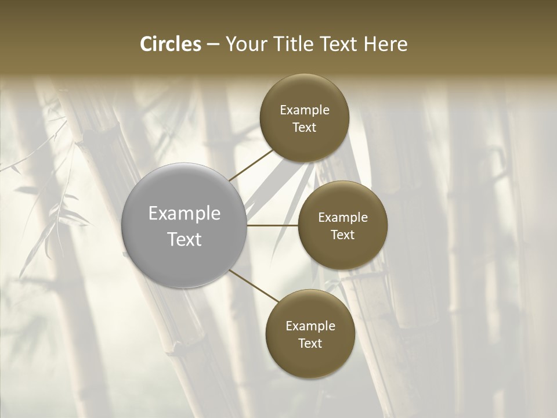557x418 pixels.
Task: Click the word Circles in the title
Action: [x=170, y=44]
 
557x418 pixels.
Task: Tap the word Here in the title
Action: [x=386, y=44]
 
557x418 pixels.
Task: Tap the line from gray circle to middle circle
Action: [x=273, y=225]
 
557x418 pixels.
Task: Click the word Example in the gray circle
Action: [x=185, y=214]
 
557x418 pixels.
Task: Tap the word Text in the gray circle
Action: [x=185, y=239]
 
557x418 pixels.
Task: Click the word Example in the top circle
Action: [x=305, y=110]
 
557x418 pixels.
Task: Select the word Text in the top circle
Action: [x=305, y=128]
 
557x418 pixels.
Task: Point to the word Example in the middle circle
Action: [x=343, y=218]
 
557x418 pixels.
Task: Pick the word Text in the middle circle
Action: [x=343, y=235]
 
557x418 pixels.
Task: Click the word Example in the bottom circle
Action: [x=310, y=326]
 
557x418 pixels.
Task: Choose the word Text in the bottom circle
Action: [x=310, y=344]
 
